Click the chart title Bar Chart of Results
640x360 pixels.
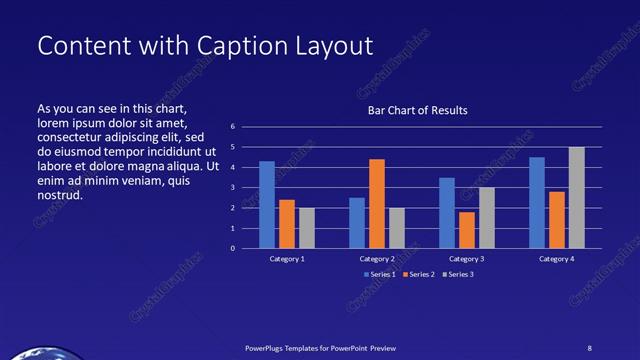(418, 110)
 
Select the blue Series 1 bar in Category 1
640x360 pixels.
(266, 205)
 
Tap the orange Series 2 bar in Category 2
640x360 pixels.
(376, 204)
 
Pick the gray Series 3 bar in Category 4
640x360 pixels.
(576, 198)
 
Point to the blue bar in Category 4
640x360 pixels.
(537, 203)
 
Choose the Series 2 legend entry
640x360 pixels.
(418, 274)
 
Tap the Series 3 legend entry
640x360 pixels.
(457, 274)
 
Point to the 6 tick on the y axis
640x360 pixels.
(232, 127)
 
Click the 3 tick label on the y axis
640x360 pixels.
(232, 188)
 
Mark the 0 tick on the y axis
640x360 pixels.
(232, 248)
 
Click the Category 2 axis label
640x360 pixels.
(377, 259)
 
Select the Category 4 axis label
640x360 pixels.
(557, 259)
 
